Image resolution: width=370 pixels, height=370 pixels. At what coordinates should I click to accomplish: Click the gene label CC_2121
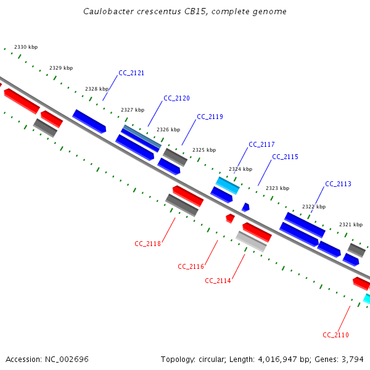(131, 73)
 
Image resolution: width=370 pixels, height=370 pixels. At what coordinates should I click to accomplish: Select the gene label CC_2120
(176, 98)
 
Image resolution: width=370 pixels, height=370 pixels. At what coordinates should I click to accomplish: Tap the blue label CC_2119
(210, 117)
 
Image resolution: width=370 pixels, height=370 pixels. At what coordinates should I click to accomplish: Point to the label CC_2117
(261, 144)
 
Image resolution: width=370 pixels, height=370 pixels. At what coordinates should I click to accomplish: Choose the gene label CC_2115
(285, 157)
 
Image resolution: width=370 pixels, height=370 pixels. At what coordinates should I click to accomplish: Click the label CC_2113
(338, 184)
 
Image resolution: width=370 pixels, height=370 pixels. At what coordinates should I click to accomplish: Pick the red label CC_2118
(147, 244)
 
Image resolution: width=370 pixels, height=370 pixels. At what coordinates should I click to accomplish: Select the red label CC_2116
(191, 266)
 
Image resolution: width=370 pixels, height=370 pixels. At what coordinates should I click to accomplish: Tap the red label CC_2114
(218, 281)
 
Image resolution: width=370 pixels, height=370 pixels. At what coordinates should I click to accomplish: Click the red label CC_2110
(335, 335)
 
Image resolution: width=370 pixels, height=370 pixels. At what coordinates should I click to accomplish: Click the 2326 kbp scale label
(168, 129)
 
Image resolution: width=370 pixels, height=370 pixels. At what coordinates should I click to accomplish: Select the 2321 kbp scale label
(351, 224)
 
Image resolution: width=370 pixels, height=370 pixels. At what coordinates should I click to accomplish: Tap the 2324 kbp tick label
(240, 169)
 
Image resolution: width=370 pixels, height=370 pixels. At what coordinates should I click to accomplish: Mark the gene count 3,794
(353, 359)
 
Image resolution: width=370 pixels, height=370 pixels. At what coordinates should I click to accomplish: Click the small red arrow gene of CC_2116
(230, 218)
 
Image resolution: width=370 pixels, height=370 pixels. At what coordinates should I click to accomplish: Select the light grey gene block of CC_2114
(251, 241)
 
